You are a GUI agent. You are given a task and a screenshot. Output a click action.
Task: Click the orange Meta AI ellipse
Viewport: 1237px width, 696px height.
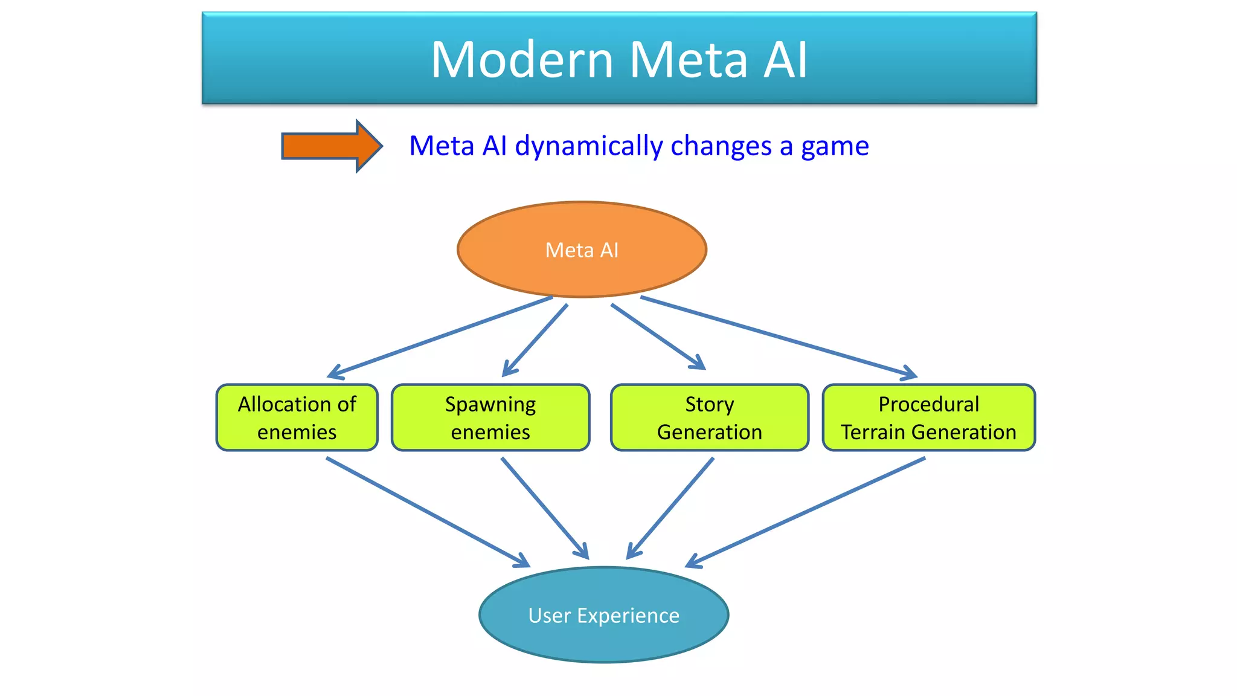[x=582, y=250]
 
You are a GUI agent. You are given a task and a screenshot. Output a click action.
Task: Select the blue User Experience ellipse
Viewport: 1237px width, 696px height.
[x=603, y=615]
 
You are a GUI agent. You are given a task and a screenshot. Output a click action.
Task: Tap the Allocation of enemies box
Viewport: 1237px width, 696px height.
[x=297, y=417]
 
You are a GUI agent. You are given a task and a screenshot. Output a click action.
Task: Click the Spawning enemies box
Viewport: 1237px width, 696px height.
[x=490, y=417]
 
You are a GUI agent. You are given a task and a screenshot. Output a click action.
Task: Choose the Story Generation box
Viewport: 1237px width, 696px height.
[x=709, y=417]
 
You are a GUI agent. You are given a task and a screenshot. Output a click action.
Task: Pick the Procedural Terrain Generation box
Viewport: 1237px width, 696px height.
[x=928, y=417]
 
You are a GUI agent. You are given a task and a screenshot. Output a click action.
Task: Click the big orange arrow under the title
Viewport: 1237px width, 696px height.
[x=331, y=146]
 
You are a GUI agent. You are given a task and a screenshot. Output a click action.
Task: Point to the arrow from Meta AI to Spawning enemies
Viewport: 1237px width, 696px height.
[x=536, y=340]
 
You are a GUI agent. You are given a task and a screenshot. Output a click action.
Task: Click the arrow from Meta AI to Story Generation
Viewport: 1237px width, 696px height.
[x=658, y=337]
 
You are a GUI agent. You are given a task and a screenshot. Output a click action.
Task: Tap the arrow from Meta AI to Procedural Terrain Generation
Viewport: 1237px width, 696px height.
[x=779, y=337]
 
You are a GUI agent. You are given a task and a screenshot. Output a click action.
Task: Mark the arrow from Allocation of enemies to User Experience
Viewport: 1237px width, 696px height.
[x=428, y=512]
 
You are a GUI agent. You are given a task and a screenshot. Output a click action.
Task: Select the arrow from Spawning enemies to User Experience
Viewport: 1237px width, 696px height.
[x=545, y=508]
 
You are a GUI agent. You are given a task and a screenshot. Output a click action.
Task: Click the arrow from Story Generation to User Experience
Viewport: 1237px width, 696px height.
[x=670, y=508]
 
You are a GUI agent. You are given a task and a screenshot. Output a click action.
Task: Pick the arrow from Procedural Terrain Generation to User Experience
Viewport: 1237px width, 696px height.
[x=806, y=512]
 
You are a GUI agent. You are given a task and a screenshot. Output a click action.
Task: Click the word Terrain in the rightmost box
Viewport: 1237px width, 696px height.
[x=873, y=432]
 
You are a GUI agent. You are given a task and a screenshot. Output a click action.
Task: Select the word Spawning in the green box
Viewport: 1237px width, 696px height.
[x=490, y=404]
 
